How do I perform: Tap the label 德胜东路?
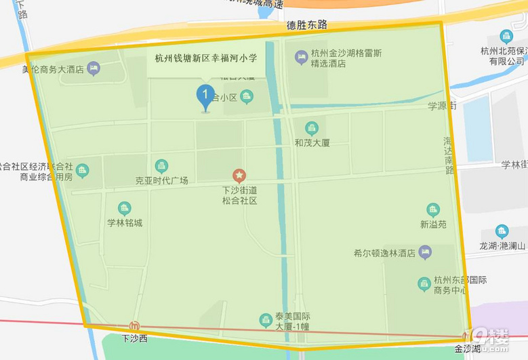click(306, 25)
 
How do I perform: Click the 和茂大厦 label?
click(312, 142)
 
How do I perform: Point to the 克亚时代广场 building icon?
click(161, 165)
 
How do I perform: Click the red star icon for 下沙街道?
click(239, 176)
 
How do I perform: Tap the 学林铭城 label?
click(125, 222)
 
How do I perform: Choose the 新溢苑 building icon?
click(433, 209)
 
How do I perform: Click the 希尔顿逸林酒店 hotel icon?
click(425, 252)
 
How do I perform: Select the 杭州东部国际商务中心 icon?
click(424, 283)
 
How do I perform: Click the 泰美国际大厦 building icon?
click(266, 319)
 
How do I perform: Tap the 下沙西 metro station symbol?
click(134, 326)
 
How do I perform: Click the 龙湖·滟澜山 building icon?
click(502, 231)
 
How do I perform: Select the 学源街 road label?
click(443, 106)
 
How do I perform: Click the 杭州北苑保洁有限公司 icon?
click(506, 37)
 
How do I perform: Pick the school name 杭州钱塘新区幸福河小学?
click(205, 58)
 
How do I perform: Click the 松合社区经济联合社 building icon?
click(83, 169)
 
